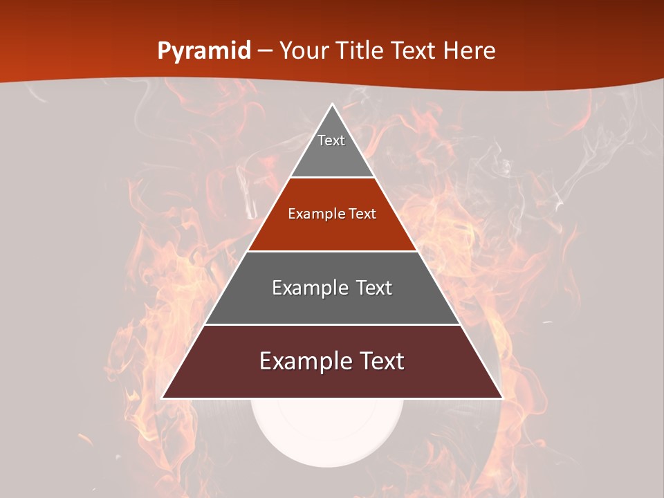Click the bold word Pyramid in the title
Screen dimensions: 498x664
[x=203, y=51]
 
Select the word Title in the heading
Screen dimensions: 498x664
[x=361, y=51]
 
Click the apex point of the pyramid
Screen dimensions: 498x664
[x=332, y=104]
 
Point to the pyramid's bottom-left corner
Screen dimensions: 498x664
[x=163, y=398]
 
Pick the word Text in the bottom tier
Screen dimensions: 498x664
[x=378, y=362]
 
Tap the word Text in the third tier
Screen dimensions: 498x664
[x=370, y=288]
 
